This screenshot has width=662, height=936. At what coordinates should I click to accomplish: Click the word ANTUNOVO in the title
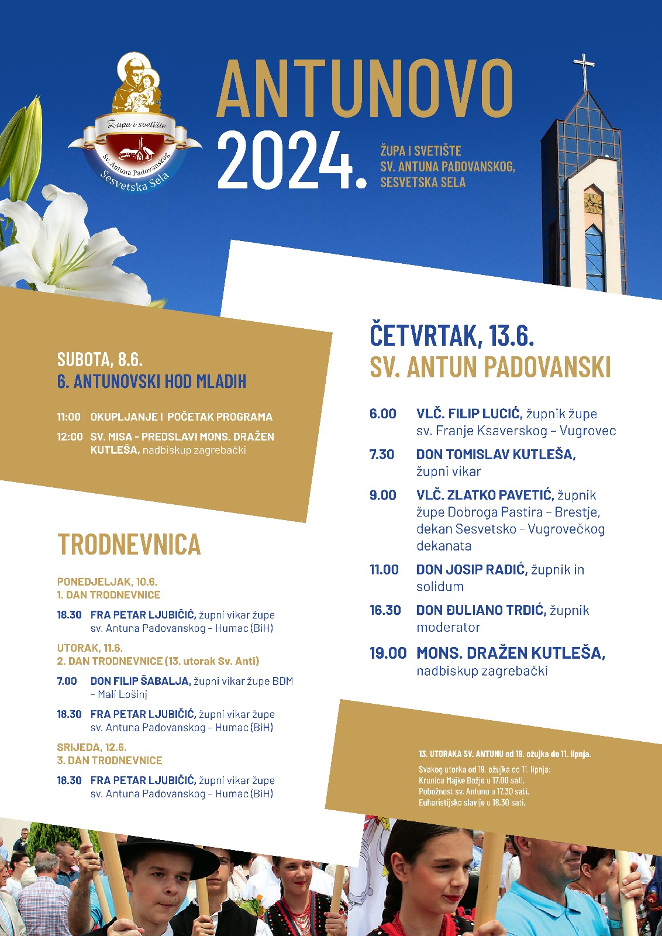(365, 88)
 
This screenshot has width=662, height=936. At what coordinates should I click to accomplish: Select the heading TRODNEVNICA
(129, 545)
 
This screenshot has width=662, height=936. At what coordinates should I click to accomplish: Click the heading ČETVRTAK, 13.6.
(451, 336)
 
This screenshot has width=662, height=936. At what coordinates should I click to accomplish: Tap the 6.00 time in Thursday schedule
(382, 414)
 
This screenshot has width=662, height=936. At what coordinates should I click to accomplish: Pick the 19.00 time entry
(388, 653)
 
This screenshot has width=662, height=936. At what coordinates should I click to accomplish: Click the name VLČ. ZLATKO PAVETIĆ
(485, 495)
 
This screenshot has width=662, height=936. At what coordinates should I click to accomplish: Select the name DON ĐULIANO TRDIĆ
(481, 610)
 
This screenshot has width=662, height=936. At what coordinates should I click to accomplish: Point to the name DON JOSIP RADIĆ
(471, 570)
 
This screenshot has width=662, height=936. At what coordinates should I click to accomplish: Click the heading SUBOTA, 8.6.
(100, 359)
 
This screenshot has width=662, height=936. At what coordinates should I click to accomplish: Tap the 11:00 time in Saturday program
(68, 417)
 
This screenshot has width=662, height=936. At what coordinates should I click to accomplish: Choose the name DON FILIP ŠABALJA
(140, 681)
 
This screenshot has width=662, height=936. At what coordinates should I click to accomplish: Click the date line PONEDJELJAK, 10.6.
(107, 581)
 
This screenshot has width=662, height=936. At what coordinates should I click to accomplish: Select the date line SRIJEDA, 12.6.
(92, 747)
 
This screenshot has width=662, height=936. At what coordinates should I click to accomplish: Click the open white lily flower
(64, 246)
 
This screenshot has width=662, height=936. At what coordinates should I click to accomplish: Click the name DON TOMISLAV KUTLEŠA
(495, 455)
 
